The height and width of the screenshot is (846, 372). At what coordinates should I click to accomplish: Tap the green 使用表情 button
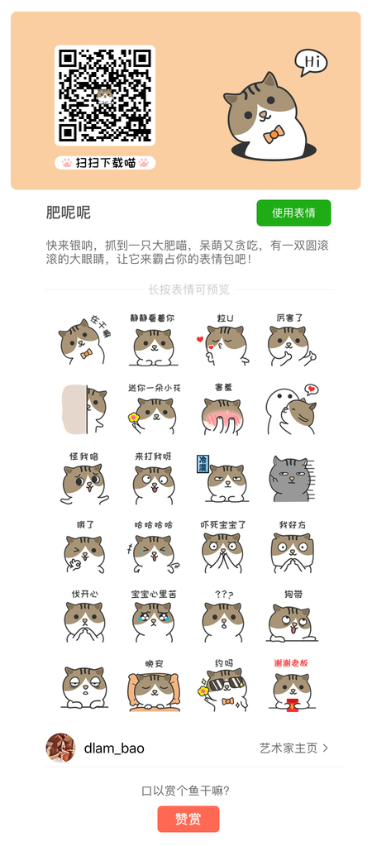(293, 213)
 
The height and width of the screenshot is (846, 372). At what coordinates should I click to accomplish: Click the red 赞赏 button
(188, 819)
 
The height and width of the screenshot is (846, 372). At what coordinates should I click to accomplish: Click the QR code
(105, 95)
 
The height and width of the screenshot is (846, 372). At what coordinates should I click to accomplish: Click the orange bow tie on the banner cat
(274, 134)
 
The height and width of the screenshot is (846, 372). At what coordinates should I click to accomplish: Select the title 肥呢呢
(69, 213)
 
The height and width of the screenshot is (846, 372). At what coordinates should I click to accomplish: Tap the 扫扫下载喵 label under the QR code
(105, 162)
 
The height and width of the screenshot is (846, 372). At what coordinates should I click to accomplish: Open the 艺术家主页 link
(293, 748)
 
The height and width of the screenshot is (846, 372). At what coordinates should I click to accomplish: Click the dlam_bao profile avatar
(60, 748)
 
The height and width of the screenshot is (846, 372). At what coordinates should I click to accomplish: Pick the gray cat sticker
(291, 478)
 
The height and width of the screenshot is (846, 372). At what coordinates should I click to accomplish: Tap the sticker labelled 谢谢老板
(291, 685)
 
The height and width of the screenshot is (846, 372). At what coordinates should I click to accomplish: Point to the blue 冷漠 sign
(203, 463)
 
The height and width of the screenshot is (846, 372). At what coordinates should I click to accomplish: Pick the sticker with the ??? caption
(222, 616)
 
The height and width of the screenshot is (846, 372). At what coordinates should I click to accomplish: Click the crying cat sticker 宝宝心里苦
(154, 616)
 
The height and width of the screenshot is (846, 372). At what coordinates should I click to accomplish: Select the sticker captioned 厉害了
(291, 340)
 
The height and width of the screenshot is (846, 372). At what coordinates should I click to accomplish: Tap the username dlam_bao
(114, 749)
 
